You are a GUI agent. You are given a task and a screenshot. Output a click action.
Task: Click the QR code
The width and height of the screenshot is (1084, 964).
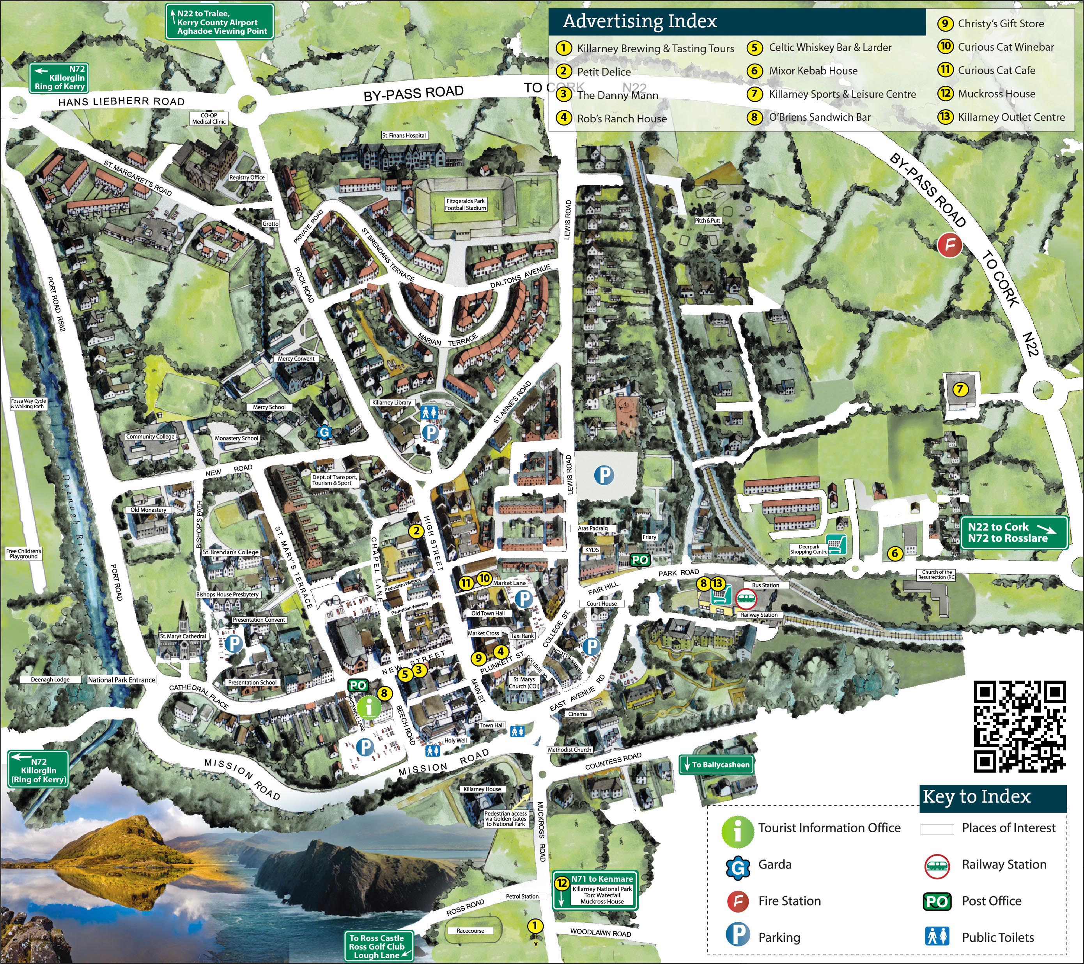1019,727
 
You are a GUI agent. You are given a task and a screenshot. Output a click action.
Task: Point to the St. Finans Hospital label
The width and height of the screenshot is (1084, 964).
404,135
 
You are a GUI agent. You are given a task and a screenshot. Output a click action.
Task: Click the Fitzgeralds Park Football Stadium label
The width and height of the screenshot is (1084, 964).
465,205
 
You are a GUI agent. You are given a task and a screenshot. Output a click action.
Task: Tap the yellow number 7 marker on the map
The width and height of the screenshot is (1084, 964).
959,389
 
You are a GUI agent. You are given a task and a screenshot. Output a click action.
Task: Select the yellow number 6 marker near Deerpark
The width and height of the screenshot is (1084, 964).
894,554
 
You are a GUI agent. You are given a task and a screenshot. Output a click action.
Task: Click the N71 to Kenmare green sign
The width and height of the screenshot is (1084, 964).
595,890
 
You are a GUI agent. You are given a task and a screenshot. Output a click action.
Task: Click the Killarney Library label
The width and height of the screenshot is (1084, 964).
391,402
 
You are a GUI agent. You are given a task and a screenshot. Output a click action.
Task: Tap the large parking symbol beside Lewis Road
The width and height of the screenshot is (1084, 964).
604,474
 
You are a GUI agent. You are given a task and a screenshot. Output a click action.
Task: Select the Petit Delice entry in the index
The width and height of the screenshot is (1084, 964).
604,72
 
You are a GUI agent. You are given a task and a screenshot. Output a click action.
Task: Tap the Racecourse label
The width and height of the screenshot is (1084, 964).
470,930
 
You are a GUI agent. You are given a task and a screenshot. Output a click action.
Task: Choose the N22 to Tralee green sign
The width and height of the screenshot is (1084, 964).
220,22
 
